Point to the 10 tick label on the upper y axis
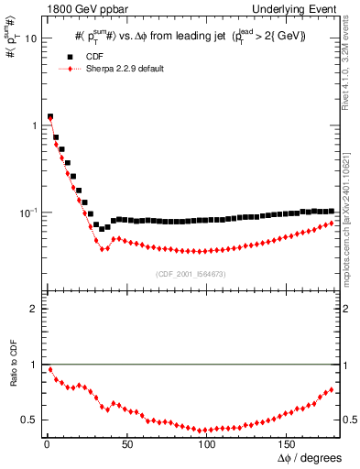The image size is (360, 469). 29,38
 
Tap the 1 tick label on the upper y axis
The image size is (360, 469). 33,125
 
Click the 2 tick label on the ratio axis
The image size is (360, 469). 33,310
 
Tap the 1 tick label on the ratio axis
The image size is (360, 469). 33,365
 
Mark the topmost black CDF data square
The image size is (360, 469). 49,117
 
